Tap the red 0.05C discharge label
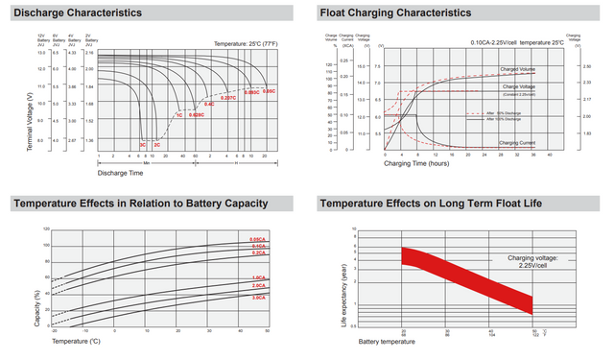270,91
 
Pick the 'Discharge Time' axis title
120,173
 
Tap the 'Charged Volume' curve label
518,70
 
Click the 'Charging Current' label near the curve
518,142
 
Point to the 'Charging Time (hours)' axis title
418,163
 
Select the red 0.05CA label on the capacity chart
258,239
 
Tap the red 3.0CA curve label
258,298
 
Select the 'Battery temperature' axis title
382,341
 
